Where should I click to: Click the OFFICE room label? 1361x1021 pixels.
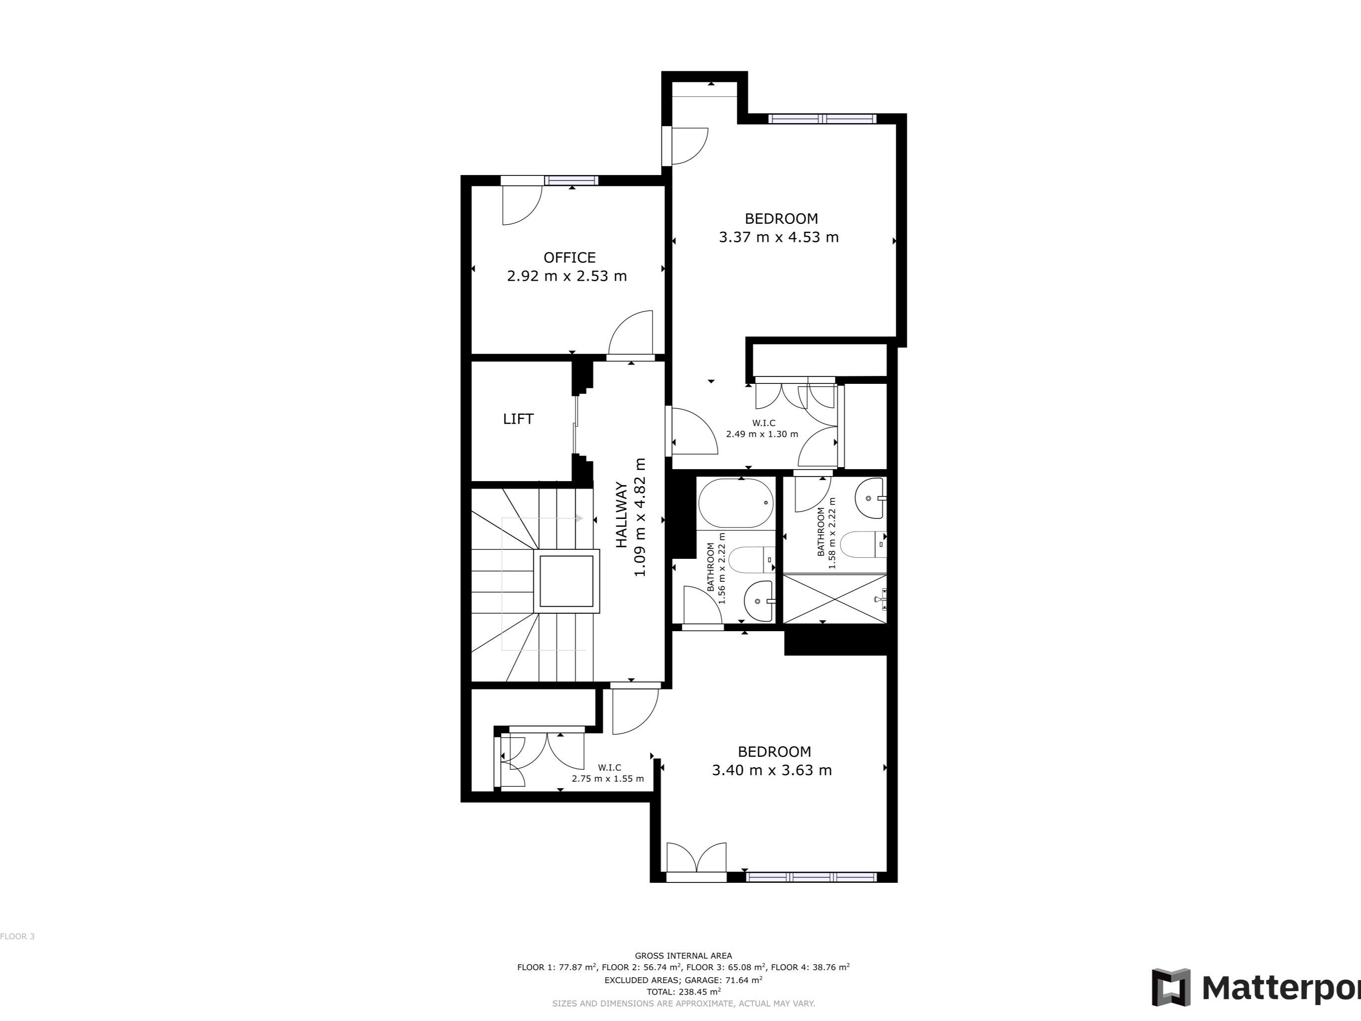tap(569, 257)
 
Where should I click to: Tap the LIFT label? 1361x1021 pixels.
tap(518, 419)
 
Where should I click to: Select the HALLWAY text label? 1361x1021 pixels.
tap(622, 515)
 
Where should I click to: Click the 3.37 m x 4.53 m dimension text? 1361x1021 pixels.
tap(778, 237)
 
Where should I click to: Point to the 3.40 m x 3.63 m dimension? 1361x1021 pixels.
tap(772, 770)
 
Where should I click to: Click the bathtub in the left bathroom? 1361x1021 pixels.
tap(736, 503)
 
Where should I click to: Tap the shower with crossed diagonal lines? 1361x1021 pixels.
tap(835, 598)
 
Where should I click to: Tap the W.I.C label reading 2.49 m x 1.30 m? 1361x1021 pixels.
tap(762, 429)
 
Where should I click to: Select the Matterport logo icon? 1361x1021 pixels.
tap(1171, 988)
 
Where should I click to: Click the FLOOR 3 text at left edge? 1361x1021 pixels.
tap(17, 936)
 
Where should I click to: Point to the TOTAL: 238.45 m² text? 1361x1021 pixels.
tap(683, 992)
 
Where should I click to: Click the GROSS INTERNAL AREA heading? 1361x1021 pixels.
tap(683, 956)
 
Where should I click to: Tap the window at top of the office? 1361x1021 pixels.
tap(572, 180)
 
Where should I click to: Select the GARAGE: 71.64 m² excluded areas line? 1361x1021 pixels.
tap(683, 980)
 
